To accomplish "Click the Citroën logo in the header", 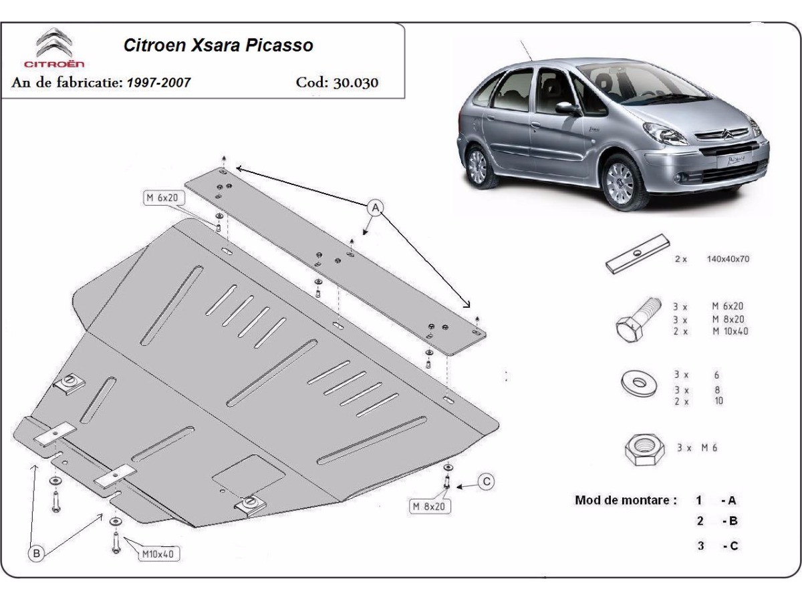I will click(54, 47).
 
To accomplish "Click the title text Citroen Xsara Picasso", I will click(218, 45).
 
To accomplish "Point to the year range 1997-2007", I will click(158, 83).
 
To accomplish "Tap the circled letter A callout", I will click(376, 208).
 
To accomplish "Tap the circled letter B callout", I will click(37, 552).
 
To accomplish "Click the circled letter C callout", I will click(487, 481).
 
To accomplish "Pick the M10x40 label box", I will click(160, 554).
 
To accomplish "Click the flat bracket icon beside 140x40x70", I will click(638, 254).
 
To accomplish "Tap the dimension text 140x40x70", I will click(728, 259).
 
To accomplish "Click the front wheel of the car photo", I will click(622, 178).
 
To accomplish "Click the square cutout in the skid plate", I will click(248, 474).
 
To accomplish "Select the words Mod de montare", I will click(626, 500).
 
